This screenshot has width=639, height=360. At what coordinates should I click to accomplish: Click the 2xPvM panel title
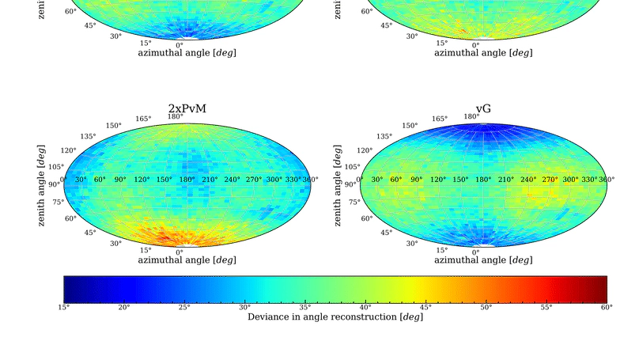coord(187,108)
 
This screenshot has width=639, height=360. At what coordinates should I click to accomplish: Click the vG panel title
coord(482,108)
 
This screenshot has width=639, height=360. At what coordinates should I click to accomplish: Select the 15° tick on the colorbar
coord(64,307)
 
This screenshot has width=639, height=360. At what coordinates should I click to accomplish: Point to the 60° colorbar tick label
coord(606,307)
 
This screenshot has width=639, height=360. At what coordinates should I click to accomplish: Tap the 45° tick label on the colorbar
coord(425,307)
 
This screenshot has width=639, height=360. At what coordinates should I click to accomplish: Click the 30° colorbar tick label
coord(245,307)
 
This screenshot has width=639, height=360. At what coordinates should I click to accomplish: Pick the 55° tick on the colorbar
coord(546,307)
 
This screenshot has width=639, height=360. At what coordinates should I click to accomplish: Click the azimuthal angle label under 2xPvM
coord(187,260)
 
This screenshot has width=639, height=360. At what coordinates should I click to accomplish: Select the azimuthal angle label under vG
coord(482,260)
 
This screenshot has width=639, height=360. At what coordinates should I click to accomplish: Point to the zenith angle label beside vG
coord(338,184)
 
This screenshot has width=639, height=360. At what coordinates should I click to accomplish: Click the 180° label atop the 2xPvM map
coord(175,116)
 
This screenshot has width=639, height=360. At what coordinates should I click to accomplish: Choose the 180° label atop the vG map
coord(471,116)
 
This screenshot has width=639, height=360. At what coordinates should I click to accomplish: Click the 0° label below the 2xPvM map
coord(180,252)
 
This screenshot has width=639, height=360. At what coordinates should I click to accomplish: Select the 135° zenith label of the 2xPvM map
coord(88,136)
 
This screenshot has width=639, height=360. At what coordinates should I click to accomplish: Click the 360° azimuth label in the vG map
coord(607,180)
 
